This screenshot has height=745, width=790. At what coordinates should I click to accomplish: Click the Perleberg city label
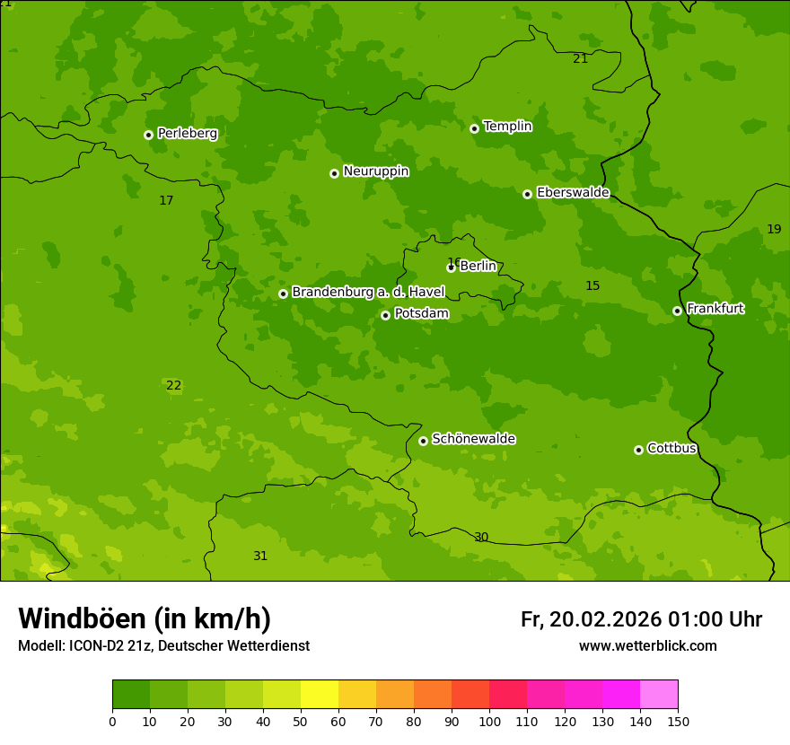pyautogui.click(x=187, y=134)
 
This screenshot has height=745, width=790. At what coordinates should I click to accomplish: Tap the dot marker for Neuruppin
pyautogui.click(x=334, y=173)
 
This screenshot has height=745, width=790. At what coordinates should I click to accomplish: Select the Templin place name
pyautogui.click(x=507, y=127)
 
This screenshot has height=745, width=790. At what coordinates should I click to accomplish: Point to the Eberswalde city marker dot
pyautogui.click(x=527, y=194)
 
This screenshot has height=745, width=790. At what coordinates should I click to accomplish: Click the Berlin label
pyautogui.click(x=478, y=266)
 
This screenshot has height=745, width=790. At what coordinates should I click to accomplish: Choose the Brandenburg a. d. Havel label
pyautogui.click(x=368, y=293)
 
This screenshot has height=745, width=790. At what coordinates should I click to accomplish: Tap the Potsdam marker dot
pyautogui.click(x=385, y=315)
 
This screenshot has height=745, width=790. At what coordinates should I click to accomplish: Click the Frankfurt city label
pyautogui.click(x=715, y=309)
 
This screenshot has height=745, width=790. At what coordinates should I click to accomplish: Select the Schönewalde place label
pyautogui.click(x=473, y=439)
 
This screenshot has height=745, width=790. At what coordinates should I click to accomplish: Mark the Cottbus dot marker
pyautogui.click(x=638, y=450)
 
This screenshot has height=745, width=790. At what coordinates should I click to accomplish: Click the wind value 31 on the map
pyautogui.click(x=260, y=557)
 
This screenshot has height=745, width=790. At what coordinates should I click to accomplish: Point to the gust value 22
pyautogui.click(x=173, y=386)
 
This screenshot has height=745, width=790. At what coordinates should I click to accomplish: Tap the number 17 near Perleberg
pyautogui.click(x=166, y=201)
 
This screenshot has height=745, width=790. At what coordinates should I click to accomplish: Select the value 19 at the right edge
pyautogui.click(x=774, y=230)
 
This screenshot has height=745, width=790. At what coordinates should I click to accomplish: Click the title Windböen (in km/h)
pyautogui.click(x=145, y=618)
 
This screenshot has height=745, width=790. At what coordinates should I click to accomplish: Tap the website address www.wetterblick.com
pyautogui.click(x=647, y=646)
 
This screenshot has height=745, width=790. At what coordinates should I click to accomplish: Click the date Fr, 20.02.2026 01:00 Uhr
pyautogui.click(x=641, y=619)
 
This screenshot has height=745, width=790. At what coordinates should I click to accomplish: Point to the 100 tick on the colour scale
pyautogui.click(x=489, y=721)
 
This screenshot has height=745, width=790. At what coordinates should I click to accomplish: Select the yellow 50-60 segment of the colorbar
pyautogui.click(x=320, y=694)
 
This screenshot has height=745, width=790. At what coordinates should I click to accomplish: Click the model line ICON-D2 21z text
pyautogui.click(x=163, y=646)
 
